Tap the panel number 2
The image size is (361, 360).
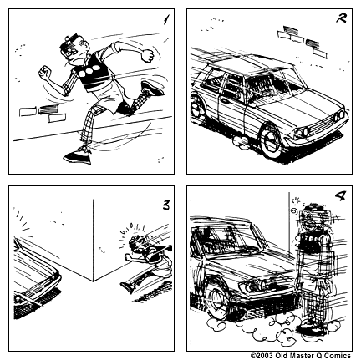coord(340,19)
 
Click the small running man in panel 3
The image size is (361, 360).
coord(143,259)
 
